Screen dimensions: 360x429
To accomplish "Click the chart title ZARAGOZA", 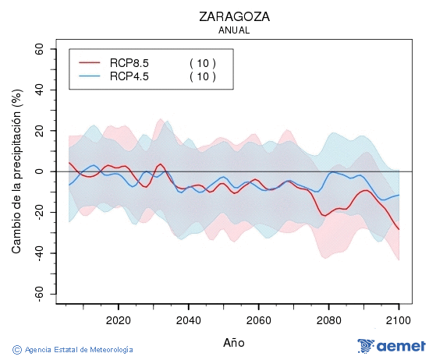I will [233, 16].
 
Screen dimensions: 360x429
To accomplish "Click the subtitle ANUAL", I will [233, 30].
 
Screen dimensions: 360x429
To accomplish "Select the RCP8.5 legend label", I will [129, 62].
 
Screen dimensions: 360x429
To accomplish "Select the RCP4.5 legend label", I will [129, 76].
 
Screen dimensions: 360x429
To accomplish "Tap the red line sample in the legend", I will [90, 62].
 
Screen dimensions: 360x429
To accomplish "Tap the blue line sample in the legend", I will [90, 76].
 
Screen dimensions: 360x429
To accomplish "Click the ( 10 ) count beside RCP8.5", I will [202, 62].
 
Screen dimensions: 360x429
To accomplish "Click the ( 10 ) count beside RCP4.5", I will [202, 76].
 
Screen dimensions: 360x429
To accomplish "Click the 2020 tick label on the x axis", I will [118, 320].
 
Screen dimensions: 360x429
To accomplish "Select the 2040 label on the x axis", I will [188, 320].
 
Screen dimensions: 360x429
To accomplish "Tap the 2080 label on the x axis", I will [328, 320].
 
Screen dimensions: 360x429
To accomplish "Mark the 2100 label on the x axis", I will [399, 320].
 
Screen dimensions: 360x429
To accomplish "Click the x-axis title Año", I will [233, 342].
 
